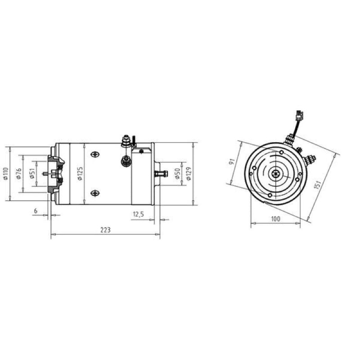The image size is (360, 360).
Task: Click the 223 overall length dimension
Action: coord(105,229)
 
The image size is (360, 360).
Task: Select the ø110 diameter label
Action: coord(6,174)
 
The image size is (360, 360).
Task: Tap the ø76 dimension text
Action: coord(19,174)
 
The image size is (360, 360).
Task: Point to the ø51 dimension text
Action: coord(32,173)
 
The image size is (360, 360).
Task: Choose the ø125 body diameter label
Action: coord(80,174)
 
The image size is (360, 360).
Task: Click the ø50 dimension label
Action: coord(177,174)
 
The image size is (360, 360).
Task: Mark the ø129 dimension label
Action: coord(189,174)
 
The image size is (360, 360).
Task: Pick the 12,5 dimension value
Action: coord(138,214)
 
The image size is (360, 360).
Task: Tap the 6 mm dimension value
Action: coord(36,211)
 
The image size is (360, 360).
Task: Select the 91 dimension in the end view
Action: coord(232,161)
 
